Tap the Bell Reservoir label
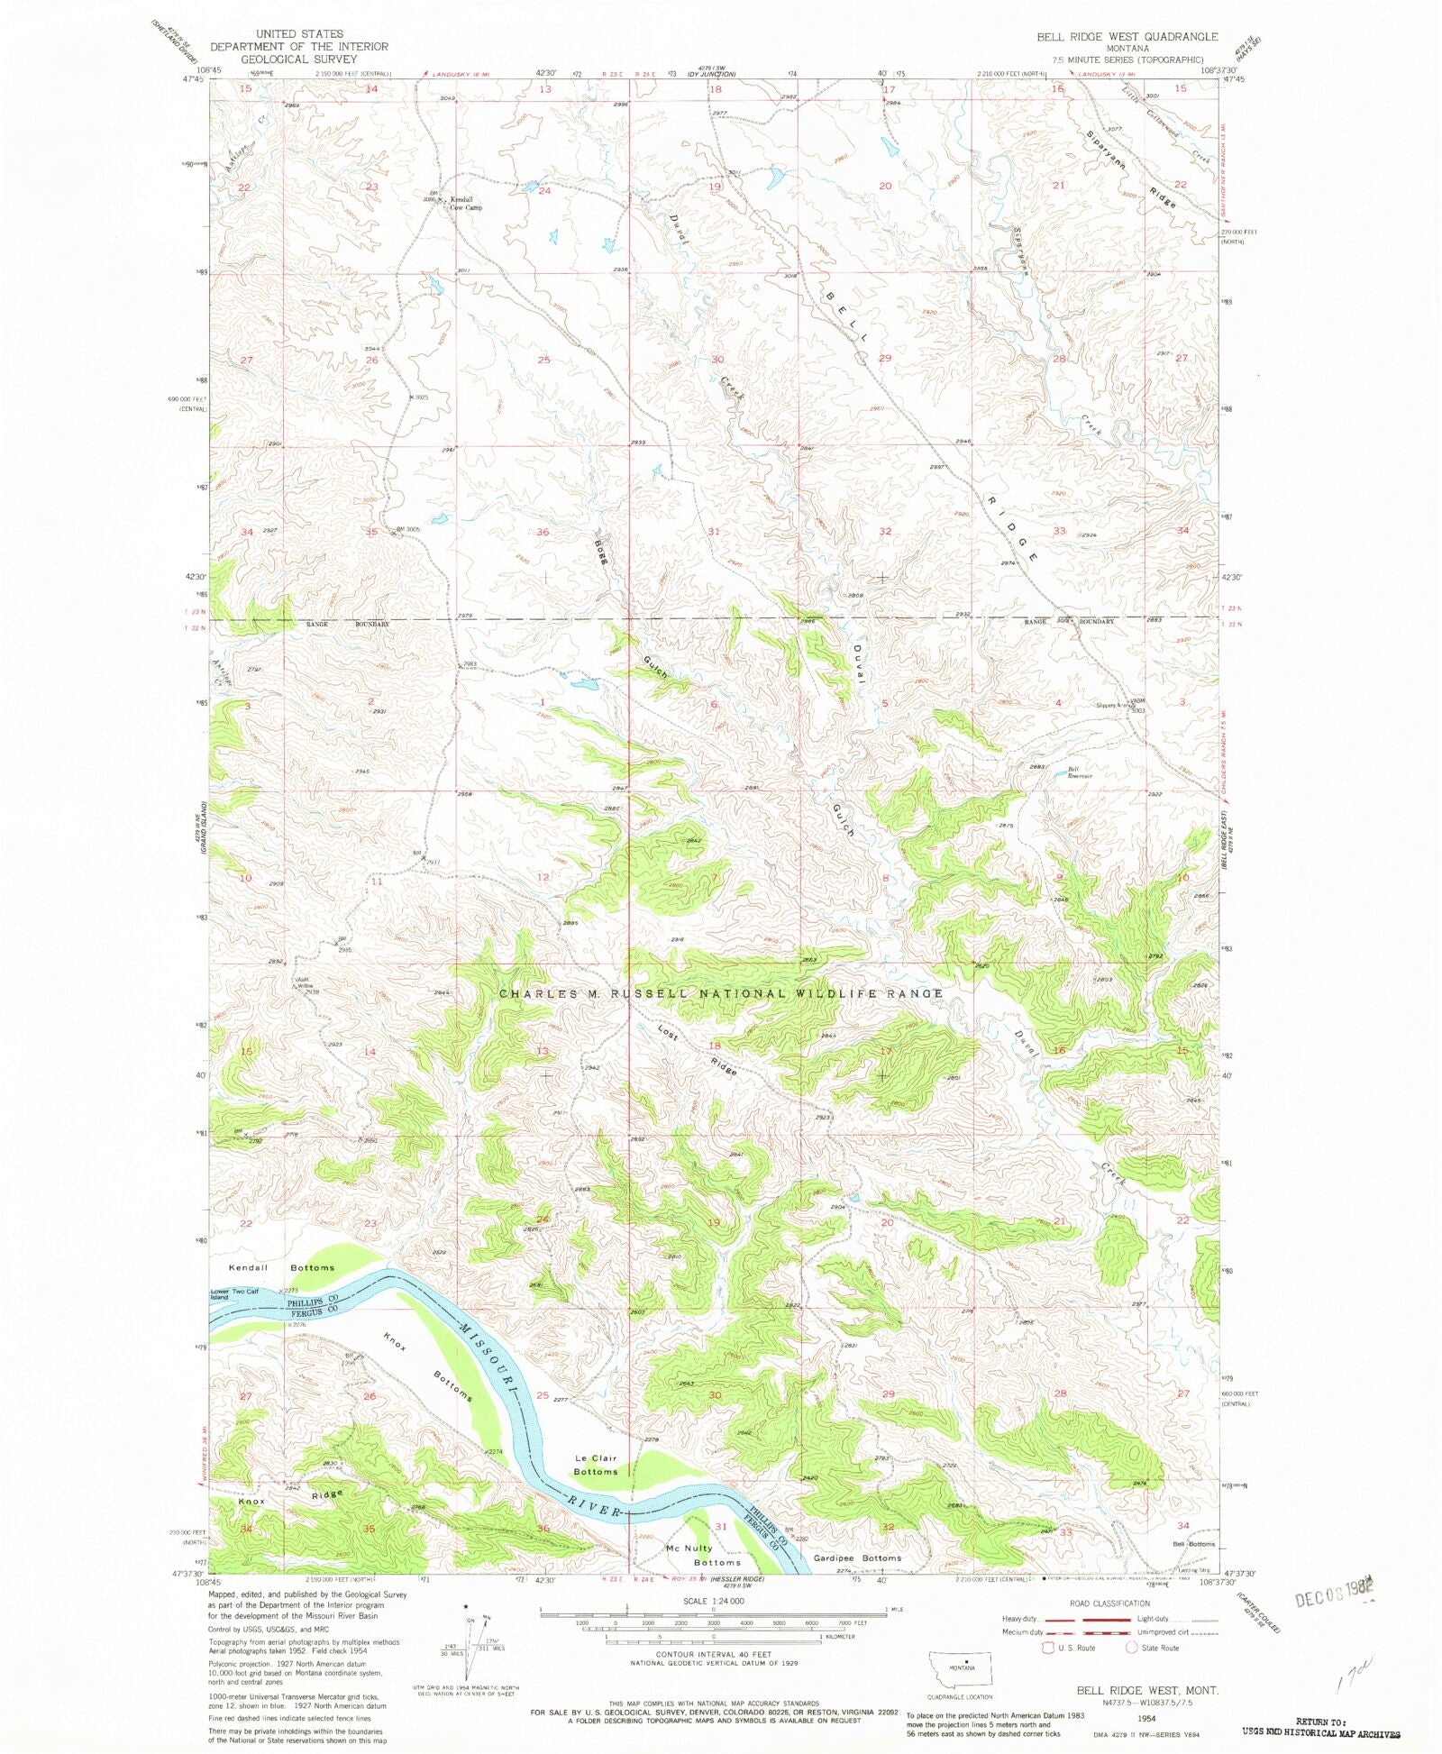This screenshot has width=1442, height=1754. tap(1079, 772)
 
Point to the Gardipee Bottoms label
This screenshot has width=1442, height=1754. tap(856, 1558)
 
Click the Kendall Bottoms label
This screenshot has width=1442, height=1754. tap(281, 1267)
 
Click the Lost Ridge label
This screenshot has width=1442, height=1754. tap(698, 1051)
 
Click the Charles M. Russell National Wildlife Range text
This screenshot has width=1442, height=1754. tap(721, 993)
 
